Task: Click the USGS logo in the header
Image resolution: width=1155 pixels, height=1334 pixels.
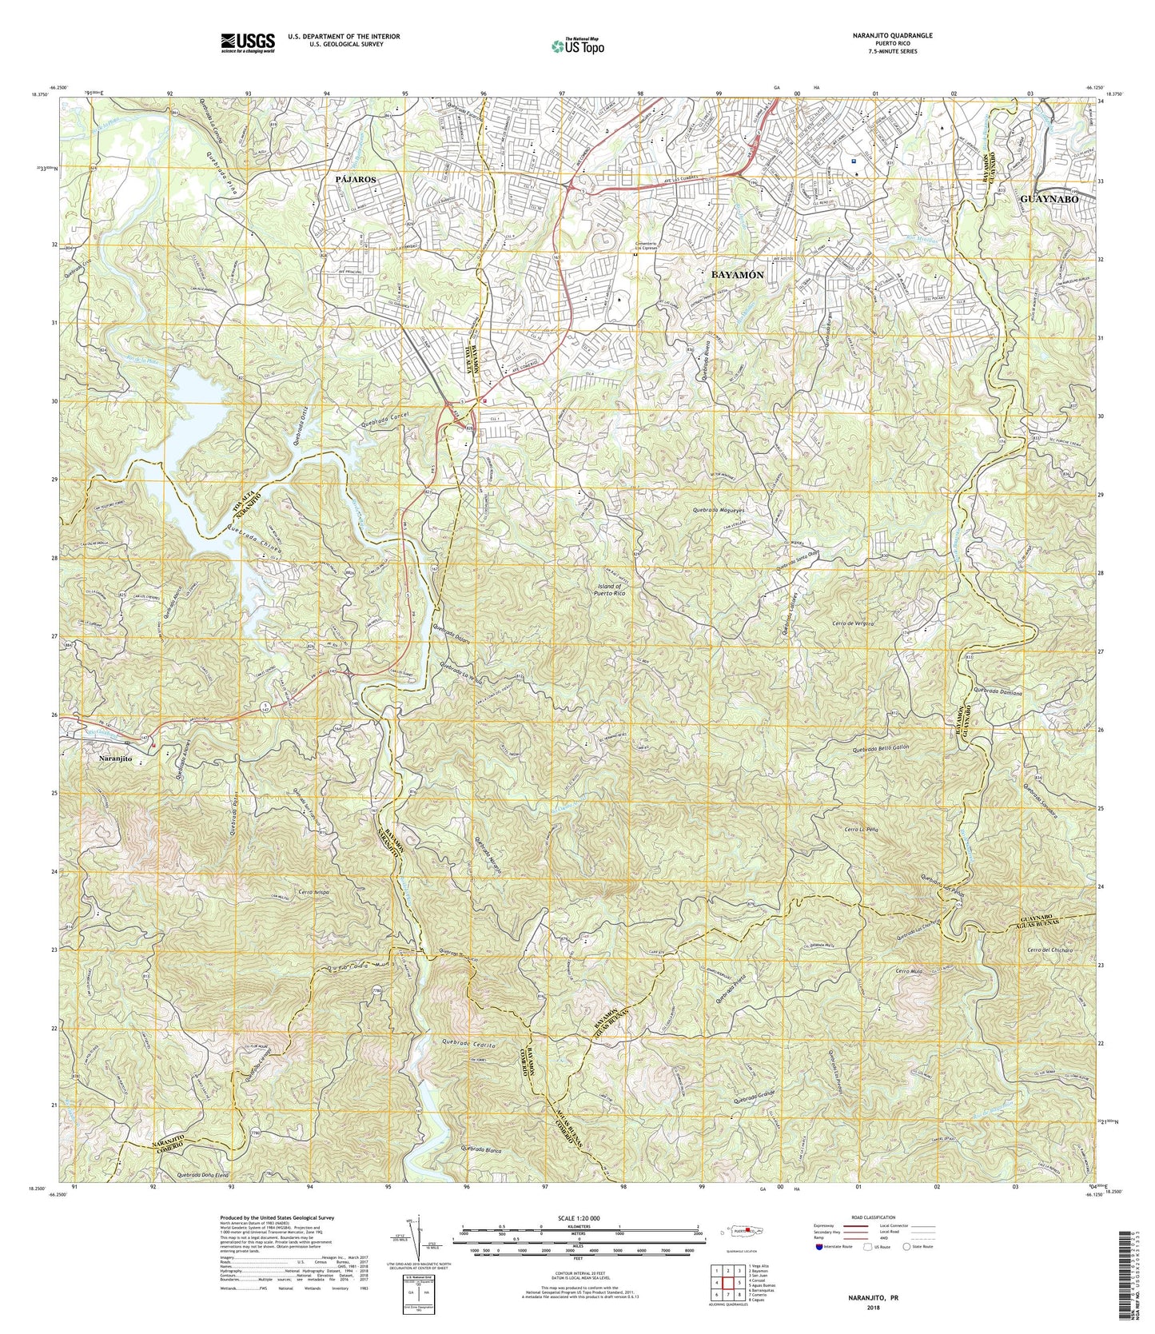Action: point(248,42)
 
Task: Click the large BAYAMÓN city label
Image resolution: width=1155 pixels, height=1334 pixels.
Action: point(737,274)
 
